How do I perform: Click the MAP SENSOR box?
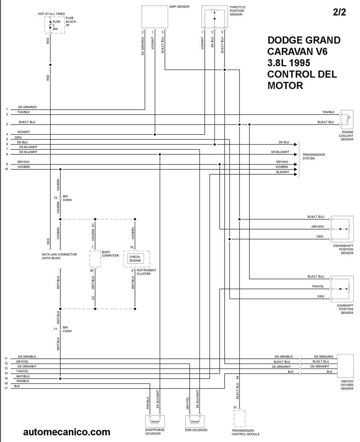pos(155,17)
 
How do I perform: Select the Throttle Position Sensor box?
pos(215,17)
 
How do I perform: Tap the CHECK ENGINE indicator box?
pos(135,259)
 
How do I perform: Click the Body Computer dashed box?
pos(95,259)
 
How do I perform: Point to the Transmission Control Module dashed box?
pos(239,419)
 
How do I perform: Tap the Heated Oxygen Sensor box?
pos(345,366)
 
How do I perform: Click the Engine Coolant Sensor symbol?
pos(347,120)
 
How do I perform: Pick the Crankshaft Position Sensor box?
pos(342,229)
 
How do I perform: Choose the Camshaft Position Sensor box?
pos(342,289)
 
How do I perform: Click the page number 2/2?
pos(339,12)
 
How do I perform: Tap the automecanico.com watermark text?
pos(67,432)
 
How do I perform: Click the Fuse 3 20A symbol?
pos(50,25)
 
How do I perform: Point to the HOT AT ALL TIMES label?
pos(51,14)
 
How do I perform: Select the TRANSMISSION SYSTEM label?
pos(314,156)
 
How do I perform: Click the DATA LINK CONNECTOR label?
pos(59,254)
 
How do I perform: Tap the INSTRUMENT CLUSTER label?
pos(146,272)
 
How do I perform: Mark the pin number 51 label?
pos(235,407)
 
